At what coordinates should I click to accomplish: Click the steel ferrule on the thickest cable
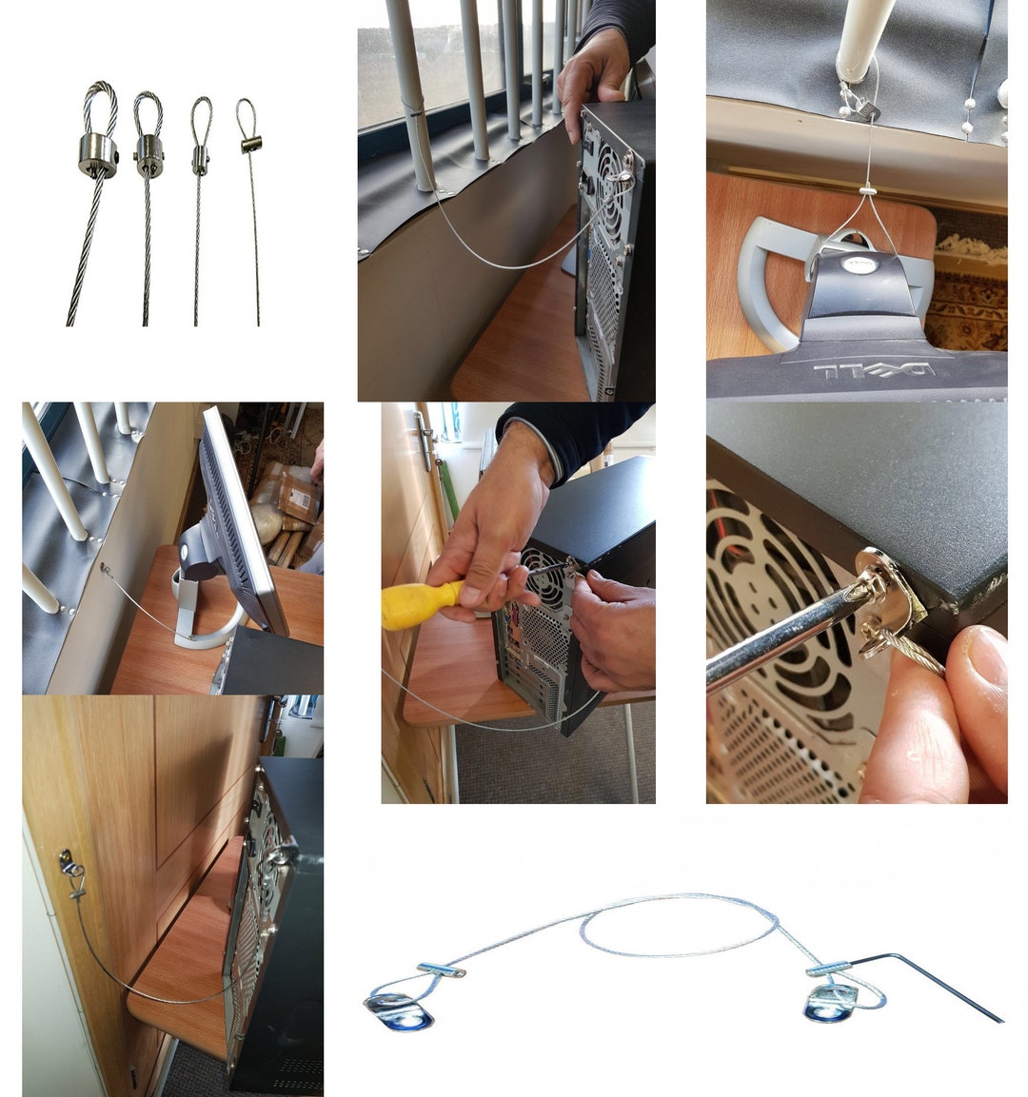point(97,155)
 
